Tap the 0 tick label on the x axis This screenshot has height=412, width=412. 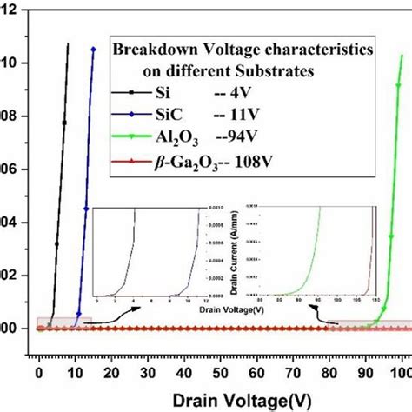click(38, 371)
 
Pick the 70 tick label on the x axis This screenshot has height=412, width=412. click(292, 371)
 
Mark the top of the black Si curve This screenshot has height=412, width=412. click(68, 43)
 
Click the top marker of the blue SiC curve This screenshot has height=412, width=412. click(93, 49)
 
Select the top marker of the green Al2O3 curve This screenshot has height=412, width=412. click(401, 57)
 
